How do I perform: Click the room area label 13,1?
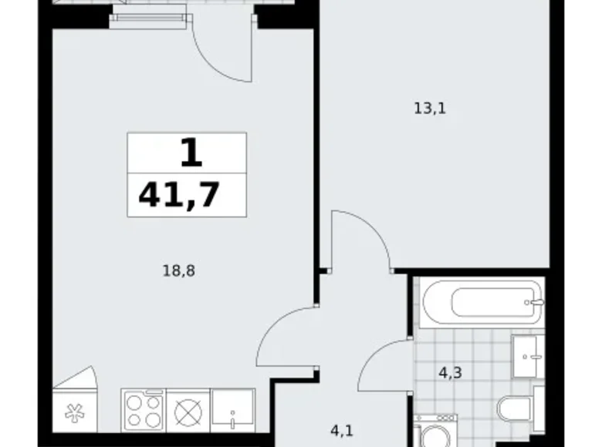(x=430, y=109)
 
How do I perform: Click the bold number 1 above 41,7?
(x=190, y=153)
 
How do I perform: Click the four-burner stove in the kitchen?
(x=143, y=409)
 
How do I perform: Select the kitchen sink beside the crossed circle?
(x=232, y=410)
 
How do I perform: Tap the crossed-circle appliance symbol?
(x=188, y=412)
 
